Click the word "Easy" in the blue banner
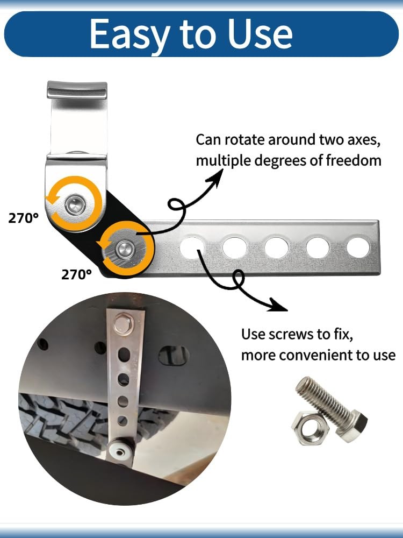tap(130, 34)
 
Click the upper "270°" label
tap(23, 218)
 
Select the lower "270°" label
tap(76, 274)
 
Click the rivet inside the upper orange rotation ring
tap(75, 205)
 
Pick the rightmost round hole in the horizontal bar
tap(358, 247)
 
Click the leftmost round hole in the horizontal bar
tap(192, 247)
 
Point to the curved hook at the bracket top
tap(77, 90)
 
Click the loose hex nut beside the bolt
tap(310, 428)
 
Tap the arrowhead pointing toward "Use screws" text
tap(278, 305)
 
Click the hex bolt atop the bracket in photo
tap(124, 323)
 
